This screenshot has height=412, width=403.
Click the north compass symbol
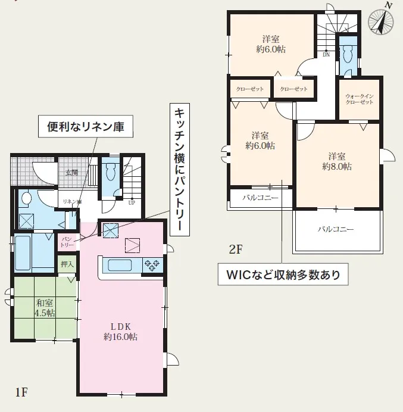pyautogui.click(x=381, y=20)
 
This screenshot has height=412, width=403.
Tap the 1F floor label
pyautogui.click(x=21, y=392)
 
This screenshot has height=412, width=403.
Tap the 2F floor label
pyautogui.click(x=235, y=249)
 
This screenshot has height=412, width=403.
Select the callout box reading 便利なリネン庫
pyautogui.click(x=86, y=126)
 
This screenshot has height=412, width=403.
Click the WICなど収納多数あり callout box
pyautogui.click(x=283, y=274)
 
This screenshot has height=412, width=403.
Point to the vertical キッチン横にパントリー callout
pyautogui.click(x=180, y=170)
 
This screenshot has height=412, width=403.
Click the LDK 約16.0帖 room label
pyautogui.click(x=121, y=332)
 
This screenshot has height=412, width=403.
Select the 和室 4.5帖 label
pyautogui.click(x=45, y=308)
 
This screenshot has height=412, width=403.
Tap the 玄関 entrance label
pyautogui.click(x=71, y=173)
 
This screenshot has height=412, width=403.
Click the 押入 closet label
pyautogui.click(x=67, y=264)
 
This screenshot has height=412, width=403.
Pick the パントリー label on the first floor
pyautogui.click(x=67, y=242)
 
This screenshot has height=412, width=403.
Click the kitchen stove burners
pyautogui.click(x=152, y=266)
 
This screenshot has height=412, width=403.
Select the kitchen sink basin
pyautogui.click(x=120, y=266)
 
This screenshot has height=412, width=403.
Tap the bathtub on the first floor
pyautogui.click(x=23, y=253)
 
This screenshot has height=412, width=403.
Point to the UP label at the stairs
pyautogui.click(x=132, y=203)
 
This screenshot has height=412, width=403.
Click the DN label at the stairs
pyautogui.click(x=326, y=55)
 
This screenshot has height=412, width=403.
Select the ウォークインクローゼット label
pyautogui.click(x=359, y=99)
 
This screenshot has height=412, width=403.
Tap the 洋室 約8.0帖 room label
pyautogui.click(x=337, y=161)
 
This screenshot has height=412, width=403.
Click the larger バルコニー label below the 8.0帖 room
pyautogui.click(x=336, y=229)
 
